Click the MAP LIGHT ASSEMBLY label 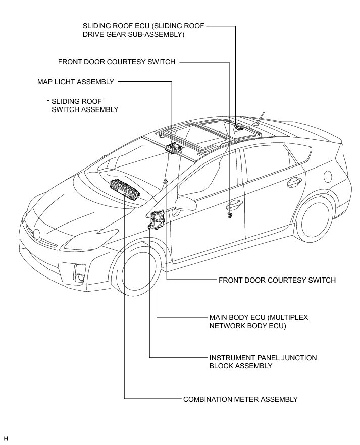[76, 81]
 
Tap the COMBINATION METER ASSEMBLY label [240, 399]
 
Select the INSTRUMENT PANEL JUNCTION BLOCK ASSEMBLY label [263, 362]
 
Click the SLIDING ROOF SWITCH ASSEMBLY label [85, 105]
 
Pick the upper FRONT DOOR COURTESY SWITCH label [117, 62]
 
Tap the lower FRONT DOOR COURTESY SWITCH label [277, 280]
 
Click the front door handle [234, 205]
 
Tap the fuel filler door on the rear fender [327, 176]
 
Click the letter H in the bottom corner [6, 438]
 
